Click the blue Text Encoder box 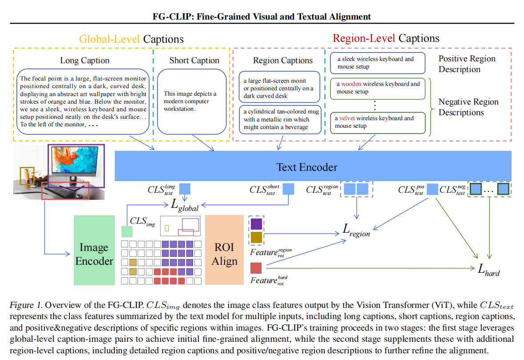(307, 166)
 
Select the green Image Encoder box (94, 254)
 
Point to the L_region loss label (356, 230)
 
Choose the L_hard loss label (488, 269)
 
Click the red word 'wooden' (351, 84)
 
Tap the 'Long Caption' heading (85, 61)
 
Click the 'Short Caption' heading (194, 61)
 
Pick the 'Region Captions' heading (283, 61)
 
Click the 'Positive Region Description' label (467, 64)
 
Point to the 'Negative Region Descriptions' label (468, 107)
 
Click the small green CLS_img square (127, 231)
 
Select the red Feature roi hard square (256, 268)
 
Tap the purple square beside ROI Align (257, 223)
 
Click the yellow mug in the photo (28, 176)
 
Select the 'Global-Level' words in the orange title (110, 39)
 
